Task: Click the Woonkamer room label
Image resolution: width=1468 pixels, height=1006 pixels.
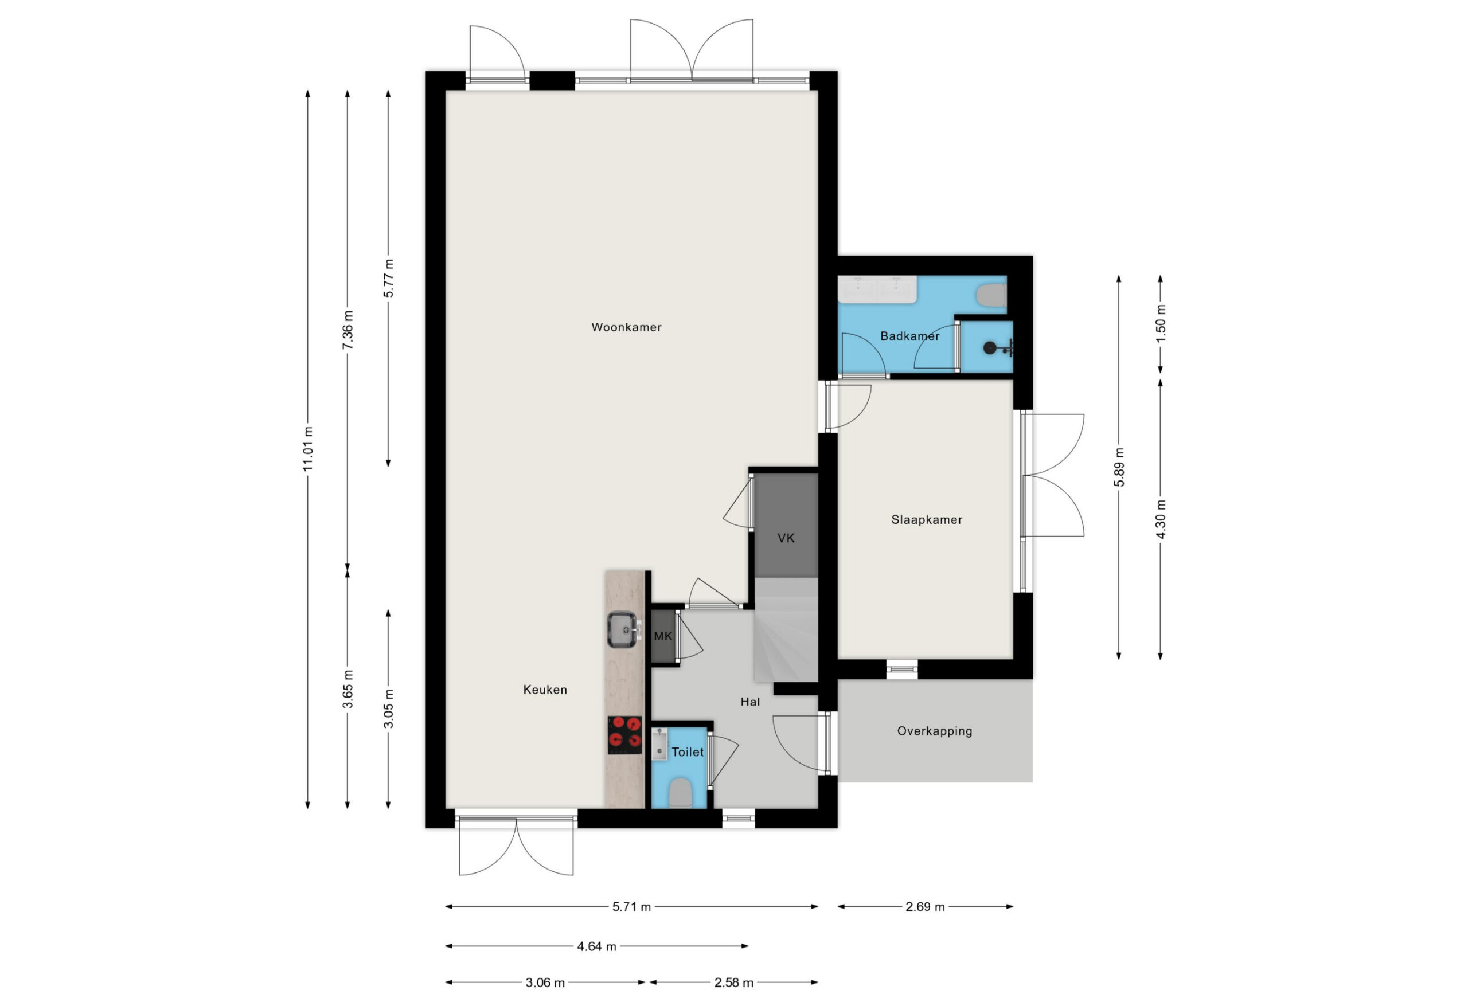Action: pyautogui.click(x=626, y=327)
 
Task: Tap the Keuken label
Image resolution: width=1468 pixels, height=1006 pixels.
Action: pyautogui.click(x=545, y=690)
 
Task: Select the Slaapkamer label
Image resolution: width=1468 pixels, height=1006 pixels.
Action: pyautogui.click(x=927, y=520)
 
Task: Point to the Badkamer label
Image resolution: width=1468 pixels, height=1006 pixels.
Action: pyautogui.click(x=909, y=336)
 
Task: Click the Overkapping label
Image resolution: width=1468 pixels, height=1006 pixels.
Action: pyautogui.click(x=934, y=731)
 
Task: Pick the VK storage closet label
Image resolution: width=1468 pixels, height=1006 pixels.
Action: pyautogui.click(x=786, y=538)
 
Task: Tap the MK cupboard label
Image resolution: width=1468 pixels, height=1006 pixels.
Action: pyautogui.click(x=663, y=636)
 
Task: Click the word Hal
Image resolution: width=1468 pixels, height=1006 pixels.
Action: pyautogui.click(x=750, y=702)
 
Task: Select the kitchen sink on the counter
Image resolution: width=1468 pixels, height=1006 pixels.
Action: pyautogui.click(x=623, y=629)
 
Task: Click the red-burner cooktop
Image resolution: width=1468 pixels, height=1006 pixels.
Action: pyautogui.click(x=624, y=734)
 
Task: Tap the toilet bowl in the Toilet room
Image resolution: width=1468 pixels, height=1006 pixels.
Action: pyautogui.click(x=680, y=793)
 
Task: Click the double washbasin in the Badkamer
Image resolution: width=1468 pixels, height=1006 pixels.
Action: pyautogui.click(x=877, y=289)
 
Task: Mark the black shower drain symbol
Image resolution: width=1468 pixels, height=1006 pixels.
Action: pyautogui.click(x=990, y=347)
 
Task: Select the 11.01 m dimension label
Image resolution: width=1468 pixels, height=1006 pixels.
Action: pyautogui.click(x=307, y=449)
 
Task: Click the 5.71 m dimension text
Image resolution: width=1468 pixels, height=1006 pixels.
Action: pyautogui.click(x=631, y=907)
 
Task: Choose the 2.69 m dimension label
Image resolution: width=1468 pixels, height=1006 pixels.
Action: pyautogui.click(x=925, y=907)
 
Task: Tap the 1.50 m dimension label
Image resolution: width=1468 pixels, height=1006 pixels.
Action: pyautogui.click(x=1161, y=323)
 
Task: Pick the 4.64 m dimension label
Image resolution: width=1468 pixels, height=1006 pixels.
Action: pyautogui.click(x=596, y=946)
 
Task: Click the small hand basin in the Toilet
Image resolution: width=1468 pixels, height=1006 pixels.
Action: pyautogui.click(x=659, y=743)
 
